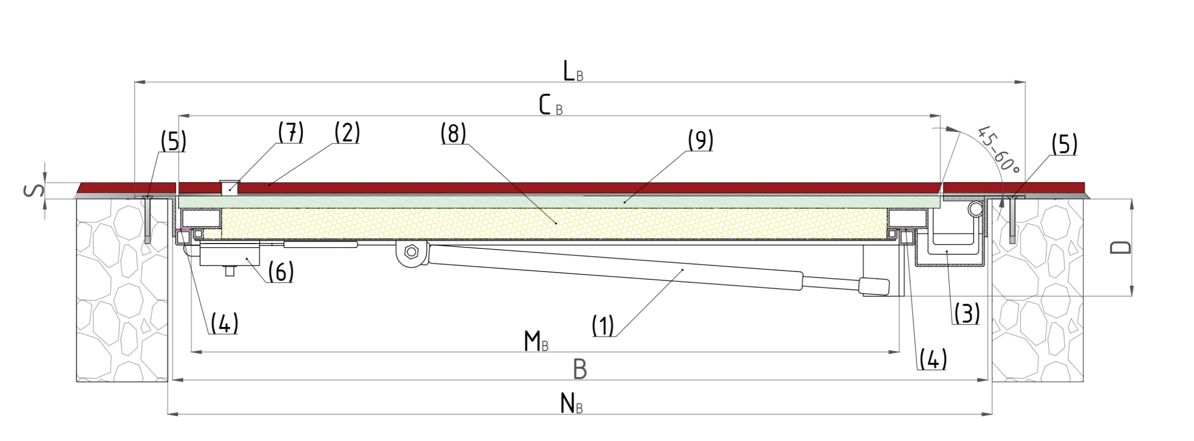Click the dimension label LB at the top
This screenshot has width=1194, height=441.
[x=573, y=72]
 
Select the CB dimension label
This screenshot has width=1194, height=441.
[x=550, y=105]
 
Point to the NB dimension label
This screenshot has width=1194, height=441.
[x=572, y=404]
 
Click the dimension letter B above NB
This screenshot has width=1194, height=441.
[x=580, y=369]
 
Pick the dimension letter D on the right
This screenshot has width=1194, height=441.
[x=1121, y=247]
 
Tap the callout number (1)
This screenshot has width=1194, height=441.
[x=603, y=326]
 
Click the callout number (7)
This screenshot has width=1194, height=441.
[x=291, y=132]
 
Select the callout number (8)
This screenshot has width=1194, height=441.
[x=453, y=133]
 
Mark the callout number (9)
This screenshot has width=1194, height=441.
[x=700, y=140]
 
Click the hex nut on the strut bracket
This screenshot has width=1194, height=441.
[x=411, y=252]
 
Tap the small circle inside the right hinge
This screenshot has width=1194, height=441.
[x=976, y=209]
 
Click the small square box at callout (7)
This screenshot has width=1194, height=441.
[x=230, y=188]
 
